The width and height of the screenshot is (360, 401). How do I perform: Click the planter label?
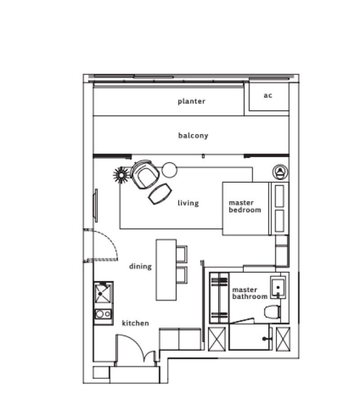pos(191,101)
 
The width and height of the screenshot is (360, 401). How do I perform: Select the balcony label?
pos(193,135)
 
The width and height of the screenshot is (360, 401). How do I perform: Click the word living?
pos(188,203)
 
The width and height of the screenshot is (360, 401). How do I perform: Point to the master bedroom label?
pos(245,206)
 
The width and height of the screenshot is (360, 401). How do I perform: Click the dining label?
pos(140,266)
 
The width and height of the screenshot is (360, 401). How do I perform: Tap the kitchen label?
pos(135,323)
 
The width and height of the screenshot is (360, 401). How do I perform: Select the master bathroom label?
pos(250,293)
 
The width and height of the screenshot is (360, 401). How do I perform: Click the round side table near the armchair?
pos(170,170)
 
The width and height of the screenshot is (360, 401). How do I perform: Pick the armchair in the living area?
pos(145,174)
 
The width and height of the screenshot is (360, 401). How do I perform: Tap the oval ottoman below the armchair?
pos(160,194)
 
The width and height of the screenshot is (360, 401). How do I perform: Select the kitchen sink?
pos(103,293)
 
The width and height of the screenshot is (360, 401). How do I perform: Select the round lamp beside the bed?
pos(280,171)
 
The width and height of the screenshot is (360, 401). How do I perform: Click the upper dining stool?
pos(181,253)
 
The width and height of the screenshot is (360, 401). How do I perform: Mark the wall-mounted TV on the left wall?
pos(95,205)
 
